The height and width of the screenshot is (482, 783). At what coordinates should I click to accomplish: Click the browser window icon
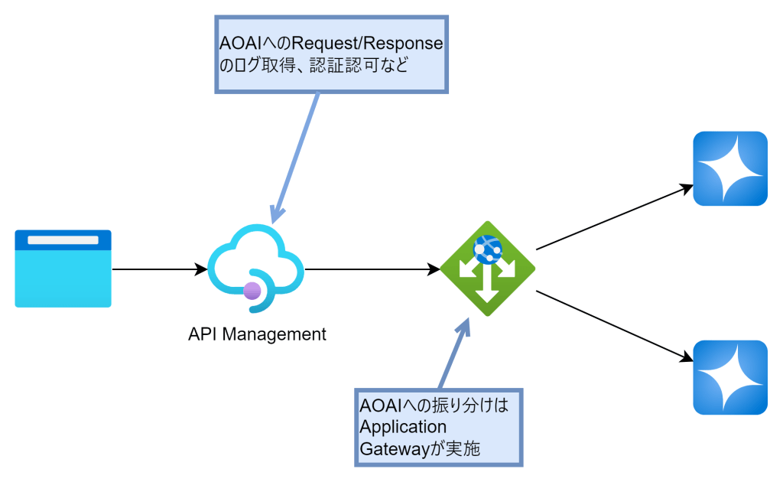coord(63,269)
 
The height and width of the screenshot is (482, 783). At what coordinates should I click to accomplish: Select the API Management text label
coord(257,334)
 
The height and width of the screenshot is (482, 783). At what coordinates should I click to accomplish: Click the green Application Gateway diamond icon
coord(487,269)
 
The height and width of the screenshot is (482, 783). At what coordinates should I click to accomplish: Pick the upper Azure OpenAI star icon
coord(729,169)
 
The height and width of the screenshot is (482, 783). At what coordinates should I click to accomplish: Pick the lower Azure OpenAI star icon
coord(729,377)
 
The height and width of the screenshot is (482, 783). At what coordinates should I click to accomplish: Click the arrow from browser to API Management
coord(160,269)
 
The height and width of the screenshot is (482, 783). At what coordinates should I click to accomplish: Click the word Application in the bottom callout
coord(403,426)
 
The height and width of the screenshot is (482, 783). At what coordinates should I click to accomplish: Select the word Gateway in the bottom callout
coord(391,449)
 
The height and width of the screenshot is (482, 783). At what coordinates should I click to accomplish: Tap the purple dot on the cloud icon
coord(252,291)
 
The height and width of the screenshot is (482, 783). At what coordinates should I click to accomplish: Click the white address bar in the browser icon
coord(63,240)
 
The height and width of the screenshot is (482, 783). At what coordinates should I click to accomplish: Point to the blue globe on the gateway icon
coord(487,249)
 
